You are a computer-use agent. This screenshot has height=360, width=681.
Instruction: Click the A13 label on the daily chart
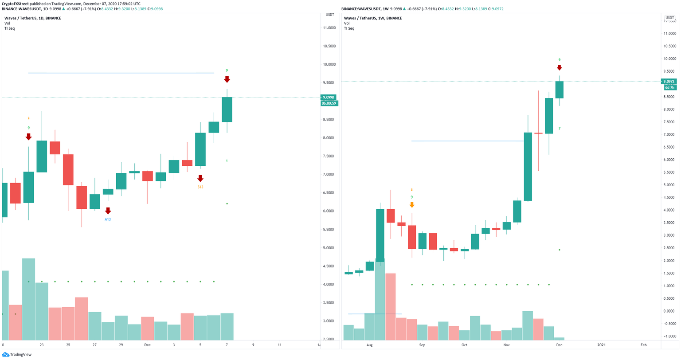point(108,219)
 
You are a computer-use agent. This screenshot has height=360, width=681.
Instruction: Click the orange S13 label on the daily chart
point(200,187)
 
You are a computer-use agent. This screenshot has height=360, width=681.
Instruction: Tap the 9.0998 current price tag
point(329,98)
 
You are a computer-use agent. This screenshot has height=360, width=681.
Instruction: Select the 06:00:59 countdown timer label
point(329,103)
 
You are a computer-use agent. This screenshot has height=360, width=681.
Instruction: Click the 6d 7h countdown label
point(669,87)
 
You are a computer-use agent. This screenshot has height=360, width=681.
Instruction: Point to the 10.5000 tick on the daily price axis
point(329,46)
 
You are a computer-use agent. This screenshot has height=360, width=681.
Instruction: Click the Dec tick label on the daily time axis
point(148,344)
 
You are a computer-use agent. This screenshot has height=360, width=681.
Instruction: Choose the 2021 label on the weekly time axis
point(602,344)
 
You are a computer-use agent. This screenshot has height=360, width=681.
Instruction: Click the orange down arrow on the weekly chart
point(412,204)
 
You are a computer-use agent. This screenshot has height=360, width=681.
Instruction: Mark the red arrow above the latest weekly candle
point(560,67)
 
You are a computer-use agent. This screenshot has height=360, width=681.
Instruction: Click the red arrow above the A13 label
point(108,211)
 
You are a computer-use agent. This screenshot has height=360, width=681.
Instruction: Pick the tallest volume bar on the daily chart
point(28,299)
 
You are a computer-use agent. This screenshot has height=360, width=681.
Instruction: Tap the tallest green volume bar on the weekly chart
point(380,299)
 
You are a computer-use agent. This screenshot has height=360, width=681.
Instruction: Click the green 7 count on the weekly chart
point(560,129)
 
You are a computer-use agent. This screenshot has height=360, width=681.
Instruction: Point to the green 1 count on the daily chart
point(227,161)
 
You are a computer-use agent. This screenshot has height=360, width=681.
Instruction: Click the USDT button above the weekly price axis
point(669,18)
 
